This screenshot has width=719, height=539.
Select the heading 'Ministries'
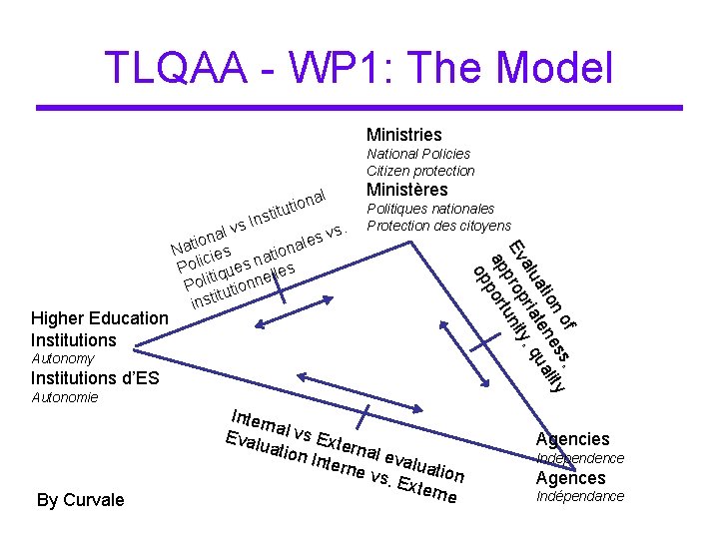point(403,135)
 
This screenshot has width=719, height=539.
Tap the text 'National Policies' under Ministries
point(418,154)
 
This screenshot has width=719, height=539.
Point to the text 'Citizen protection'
point(420,171)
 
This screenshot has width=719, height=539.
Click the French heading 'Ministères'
point(407,190)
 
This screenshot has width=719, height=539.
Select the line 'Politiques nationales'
point(430,209)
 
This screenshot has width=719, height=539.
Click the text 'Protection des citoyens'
point(438,226)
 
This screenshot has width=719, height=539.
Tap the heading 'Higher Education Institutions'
point(100,329)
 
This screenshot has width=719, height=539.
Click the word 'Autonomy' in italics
point(62,358)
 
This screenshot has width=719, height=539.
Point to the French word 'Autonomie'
point(65,397)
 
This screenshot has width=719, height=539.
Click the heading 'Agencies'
point(572,439)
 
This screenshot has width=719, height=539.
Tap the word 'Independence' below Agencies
point(580,458)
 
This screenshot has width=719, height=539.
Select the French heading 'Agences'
point(571,478)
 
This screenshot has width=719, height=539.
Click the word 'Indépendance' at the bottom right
point(580,496)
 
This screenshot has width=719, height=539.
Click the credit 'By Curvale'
point(81,500)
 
